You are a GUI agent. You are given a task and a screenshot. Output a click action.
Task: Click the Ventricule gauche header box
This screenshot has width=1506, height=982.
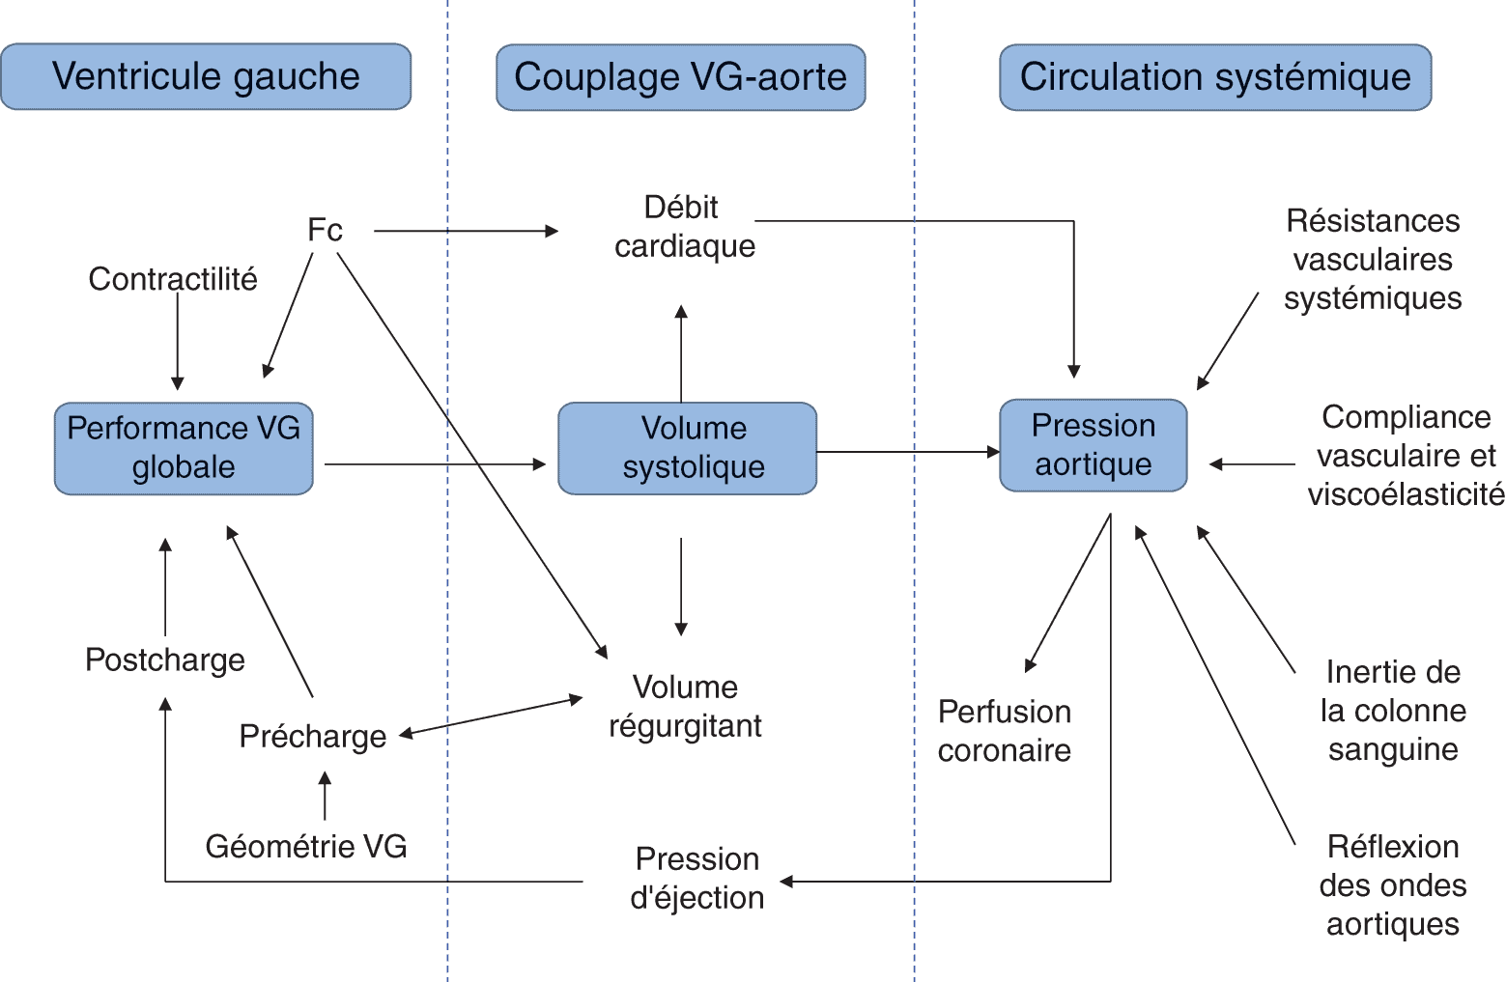206,76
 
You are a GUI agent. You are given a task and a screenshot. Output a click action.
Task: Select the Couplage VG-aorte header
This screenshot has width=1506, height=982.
680,77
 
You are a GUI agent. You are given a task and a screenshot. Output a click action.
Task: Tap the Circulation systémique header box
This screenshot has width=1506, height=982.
1214,77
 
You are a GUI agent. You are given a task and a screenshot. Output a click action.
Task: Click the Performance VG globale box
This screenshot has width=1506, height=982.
184,448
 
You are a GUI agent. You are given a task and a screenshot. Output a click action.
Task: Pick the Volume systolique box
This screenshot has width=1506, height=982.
688,448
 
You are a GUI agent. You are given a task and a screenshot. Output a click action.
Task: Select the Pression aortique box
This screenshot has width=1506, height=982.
1093,445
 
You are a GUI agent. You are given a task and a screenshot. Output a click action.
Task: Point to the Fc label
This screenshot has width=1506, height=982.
325,230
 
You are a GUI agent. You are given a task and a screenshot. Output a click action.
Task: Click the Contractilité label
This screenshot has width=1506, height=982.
173,278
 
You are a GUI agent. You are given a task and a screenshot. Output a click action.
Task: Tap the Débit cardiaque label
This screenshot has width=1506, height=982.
684,227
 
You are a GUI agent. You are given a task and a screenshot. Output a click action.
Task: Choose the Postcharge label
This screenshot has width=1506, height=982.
165,659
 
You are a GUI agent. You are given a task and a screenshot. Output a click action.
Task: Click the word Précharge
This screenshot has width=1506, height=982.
312,736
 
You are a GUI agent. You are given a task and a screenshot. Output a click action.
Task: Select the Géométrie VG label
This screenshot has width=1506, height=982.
305,846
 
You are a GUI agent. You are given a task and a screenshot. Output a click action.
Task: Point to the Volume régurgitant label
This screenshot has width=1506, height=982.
685,707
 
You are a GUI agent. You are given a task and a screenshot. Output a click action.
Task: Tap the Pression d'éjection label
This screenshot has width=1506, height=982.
696,878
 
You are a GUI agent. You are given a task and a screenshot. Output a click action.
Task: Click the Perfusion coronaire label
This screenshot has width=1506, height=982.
1005,731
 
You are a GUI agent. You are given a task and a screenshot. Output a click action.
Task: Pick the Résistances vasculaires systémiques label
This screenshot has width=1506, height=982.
1372,259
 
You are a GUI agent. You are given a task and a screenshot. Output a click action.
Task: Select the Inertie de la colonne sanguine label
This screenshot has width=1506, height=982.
1393,711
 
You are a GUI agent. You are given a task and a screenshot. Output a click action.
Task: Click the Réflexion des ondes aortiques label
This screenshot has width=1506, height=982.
1392,885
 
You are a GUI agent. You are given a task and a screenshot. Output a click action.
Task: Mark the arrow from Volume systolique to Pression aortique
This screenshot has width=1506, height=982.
908,451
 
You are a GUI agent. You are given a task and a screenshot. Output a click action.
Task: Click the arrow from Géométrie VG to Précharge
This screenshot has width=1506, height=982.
325,797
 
